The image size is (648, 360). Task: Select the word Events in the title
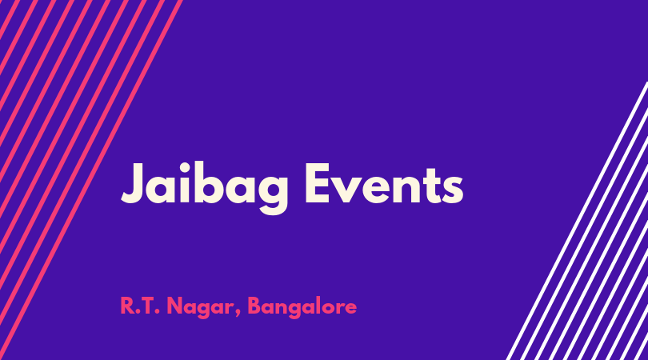[x=384, y=184]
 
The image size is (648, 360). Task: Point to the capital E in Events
[x=318, y=183]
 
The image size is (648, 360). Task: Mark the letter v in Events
[x=349, y=190]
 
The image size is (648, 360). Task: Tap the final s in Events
[x=453, y=190]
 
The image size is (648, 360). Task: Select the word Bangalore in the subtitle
[x=302, y=307]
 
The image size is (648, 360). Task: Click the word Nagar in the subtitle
[x=202, y=307]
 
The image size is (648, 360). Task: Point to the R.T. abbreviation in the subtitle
[x=140, y=306]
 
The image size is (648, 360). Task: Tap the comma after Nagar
[x=238, y=314]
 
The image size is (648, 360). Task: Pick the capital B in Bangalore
[x=254, y=306]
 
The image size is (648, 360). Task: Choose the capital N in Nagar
[x=175, y=306]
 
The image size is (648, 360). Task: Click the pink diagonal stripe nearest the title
[x=91, y=180]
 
